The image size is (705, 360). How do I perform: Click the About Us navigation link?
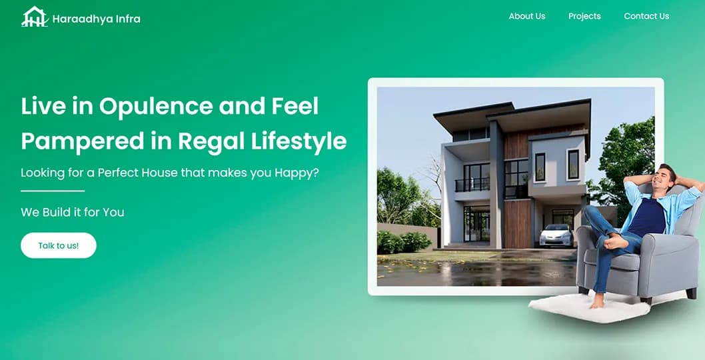click(527, 16)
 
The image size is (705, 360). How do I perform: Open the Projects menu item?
click(584, 16)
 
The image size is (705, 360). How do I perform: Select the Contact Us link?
click(646, 16)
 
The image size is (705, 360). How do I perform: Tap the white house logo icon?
click(35, 17)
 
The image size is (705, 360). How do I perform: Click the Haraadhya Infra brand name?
click(96, 19)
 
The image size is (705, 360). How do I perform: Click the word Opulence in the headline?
click(156, 107)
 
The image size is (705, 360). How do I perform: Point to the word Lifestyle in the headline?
click(299, 141)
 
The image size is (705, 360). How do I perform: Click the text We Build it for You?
click(73, 212)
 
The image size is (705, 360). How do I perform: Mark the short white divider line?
click(53, 191)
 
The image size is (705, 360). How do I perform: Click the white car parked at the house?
click(556, 235)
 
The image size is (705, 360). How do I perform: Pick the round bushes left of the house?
click(403, 241)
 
